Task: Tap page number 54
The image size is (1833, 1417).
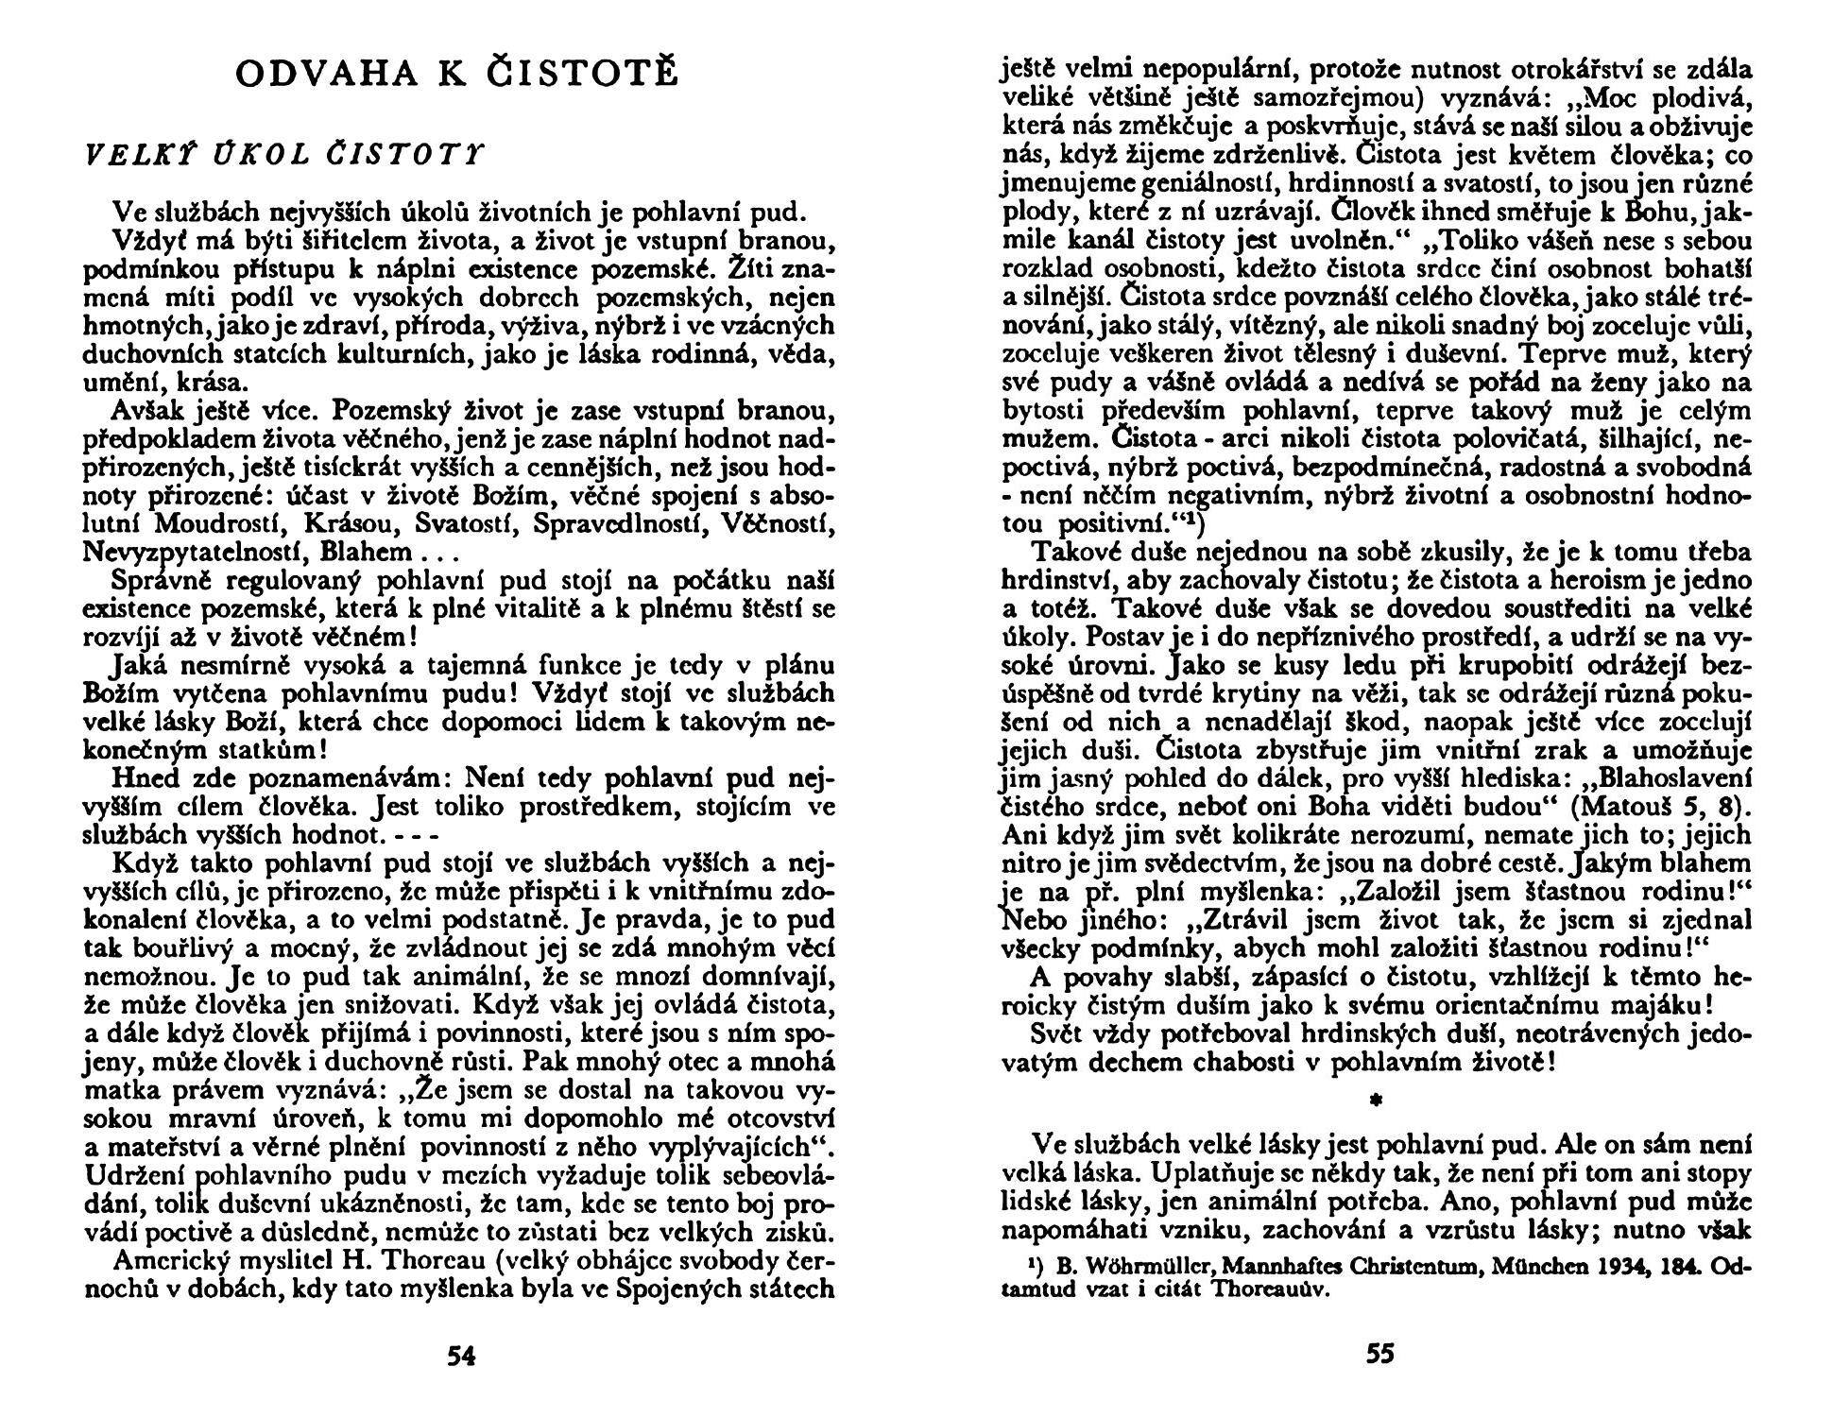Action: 461,1357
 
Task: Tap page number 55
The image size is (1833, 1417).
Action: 1379,1355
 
